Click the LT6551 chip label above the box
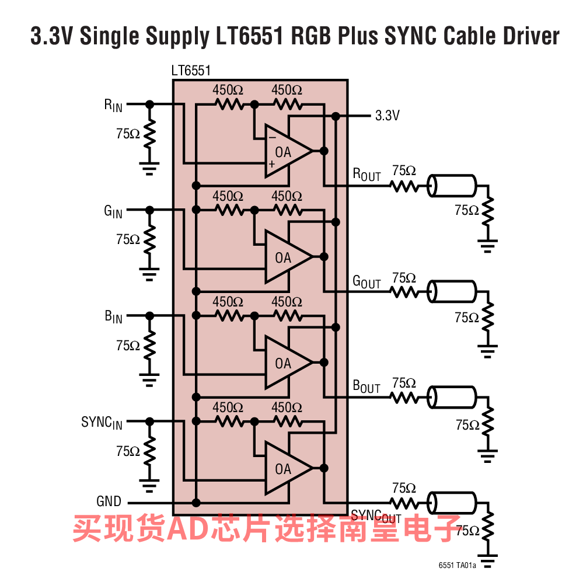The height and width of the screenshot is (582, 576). tap(191, 71)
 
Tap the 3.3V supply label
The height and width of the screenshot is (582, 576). tap(387, 116)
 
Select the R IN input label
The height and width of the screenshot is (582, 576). tap(113, 105)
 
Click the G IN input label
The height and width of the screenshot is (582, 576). tap(113, 211)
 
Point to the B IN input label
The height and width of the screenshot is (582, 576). tap(113, 317)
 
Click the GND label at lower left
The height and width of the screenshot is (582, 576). tap(109, 501)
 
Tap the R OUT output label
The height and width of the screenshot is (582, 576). tap(366, 175)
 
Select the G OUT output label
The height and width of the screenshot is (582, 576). tap(366, 281)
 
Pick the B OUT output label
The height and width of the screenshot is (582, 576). tap(366, 386)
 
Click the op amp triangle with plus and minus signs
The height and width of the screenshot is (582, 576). tap(286, 151)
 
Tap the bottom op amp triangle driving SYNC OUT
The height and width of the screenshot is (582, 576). tap(286, 468)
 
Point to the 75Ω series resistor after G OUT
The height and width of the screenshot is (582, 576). tap(404, 291)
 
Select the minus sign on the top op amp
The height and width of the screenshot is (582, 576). tap(272, 138)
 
